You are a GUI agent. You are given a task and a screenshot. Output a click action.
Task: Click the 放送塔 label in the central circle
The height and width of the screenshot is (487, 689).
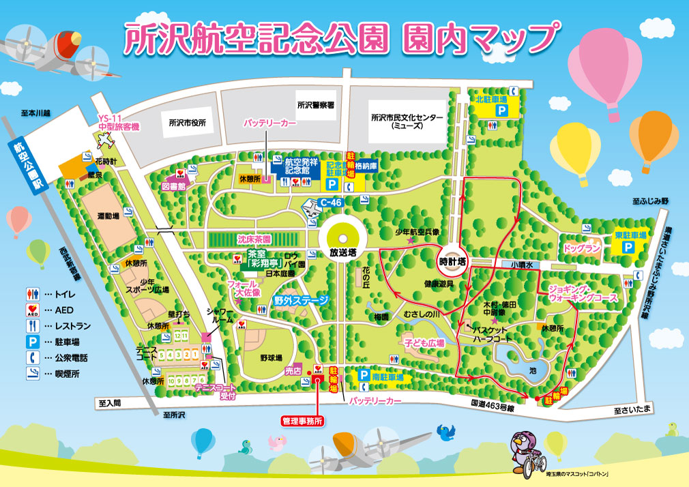pos(343,252)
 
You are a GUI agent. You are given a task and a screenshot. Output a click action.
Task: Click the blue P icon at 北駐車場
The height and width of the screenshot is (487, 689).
pos(501,110)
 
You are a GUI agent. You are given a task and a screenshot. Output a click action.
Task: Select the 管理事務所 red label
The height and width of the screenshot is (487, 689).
pos(302,421)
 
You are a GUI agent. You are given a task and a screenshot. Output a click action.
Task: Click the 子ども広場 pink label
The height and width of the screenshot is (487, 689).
pos(424,343)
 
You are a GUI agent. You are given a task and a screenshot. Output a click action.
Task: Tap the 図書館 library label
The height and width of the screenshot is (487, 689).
pos(174,185)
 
